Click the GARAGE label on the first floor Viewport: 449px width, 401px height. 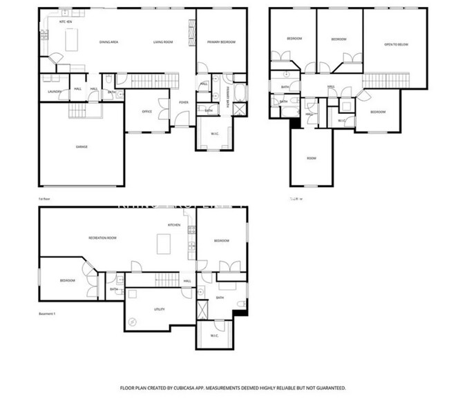[x=82, y=146]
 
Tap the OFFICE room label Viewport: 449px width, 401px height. [x=146, y=111]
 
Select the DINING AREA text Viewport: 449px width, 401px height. [x=108, y=42]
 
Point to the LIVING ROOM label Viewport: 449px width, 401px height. [x=162, y=42]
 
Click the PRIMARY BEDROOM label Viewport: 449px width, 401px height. [x=222, y=42]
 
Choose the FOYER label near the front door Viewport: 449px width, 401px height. [x=184, y=102]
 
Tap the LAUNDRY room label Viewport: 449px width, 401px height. [x=55, y=91]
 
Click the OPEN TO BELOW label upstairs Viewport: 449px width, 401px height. [x=396, y=44]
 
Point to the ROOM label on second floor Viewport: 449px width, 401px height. [x=312, y=158]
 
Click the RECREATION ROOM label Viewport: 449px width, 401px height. [x=102, y=237]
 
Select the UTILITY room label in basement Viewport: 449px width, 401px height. [x=159, y=309]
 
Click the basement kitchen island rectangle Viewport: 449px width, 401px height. [x=164, y=244]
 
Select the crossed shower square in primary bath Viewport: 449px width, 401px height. [x=239, y=109]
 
